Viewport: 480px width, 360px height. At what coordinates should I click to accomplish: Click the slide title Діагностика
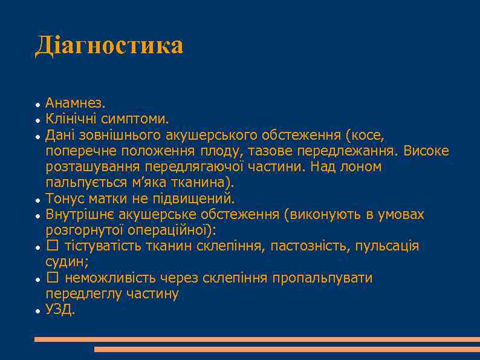point(109,45)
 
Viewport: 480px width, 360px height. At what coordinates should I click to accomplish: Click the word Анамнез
point(75,103)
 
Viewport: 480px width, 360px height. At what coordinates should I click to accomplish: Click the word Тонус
point(65,198)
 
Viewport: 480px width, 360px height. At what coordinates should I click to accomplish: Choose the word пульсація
point(387,246)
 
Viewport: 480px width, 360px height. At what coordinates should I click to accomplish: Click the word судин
point(66,262)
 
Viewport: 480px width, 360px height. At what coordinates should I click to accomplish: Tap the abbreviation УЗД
point(60,310)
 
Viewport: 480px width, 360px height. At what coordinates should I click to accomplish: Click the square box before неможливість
point(52,278)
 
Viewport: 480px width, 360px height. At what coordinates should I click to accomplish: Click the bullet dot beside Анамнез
point(37,104)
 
